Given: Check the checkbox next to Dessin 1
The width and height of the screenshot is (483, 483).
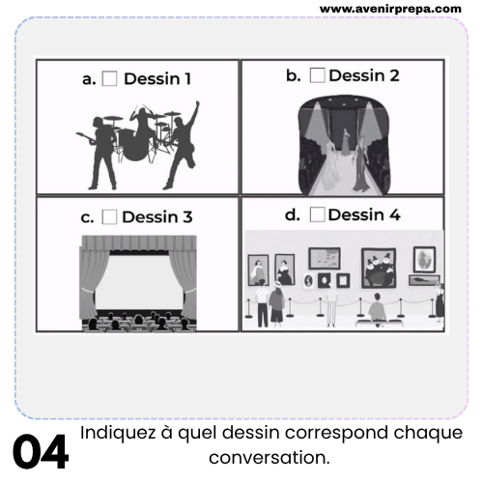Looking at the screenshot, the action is click(109, 78).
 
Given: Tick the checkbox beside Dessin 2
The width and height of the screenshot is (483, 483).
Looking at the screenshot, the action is click(317, 75).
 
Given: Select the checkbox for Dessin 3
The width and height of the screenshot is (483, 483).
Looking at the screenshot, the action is click(109, 216).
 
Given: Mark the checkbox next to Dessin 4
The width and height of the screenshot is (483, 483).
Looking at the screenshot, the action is click(317, 214).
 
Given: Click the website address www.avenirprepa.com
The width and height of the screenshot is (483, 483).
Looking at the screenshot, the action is click(390, 9).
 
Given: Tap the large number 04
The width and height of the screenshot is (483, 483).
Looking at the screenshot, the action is click(41, 452).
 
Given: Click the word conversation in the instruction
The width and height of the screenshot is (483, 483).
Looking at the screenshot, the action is click(270, 458).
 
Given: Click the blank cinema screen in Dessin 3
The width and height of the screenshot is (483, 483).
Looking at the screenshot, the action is click(139, 282).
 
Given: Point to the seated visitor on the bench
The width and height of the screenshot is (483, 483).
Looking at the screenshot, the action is click(377, 307).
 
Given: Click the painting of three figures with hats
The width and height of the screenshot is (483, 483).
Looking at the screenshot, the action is click(379, 268).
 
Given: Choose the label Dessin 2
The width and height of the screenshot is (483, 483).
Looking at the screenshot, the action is click(364, 75).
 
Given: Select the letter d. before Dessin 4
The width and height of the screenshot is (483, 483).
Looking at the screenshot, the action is click(293, 214).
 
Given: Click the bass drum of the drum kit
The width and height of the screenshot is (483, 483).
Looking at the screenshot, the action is click(134, 145).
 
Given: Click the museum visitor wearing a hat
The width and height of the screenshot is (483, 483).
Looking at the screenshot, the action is click(276, 302).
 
